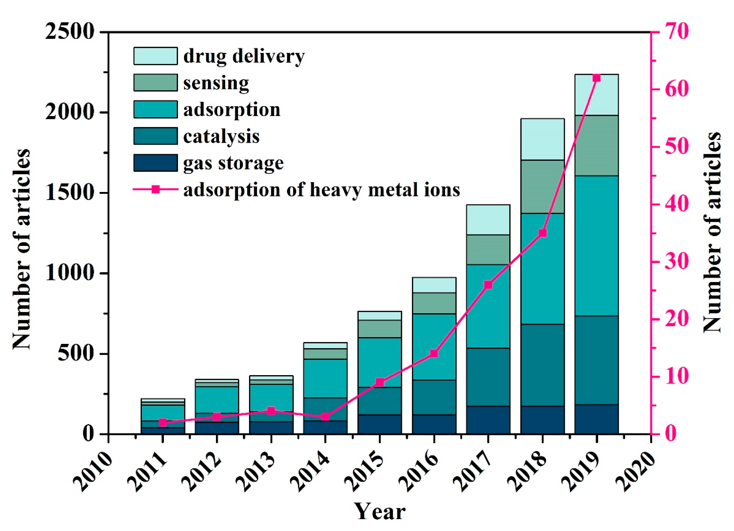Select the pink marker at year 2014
click(325, 417)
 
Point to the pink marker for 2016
click(434, 354)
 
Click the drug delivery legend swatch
click(155, 56)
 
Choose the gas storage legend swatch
click(155, 163)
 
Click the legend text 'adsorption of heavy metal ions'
click(321, 190)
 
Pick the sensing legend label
click(216, 83)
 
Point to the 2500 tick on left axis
click(69, 32)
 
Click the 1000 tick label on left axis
click(69, 274)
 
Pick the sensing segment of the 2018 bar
click(543, 186)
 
